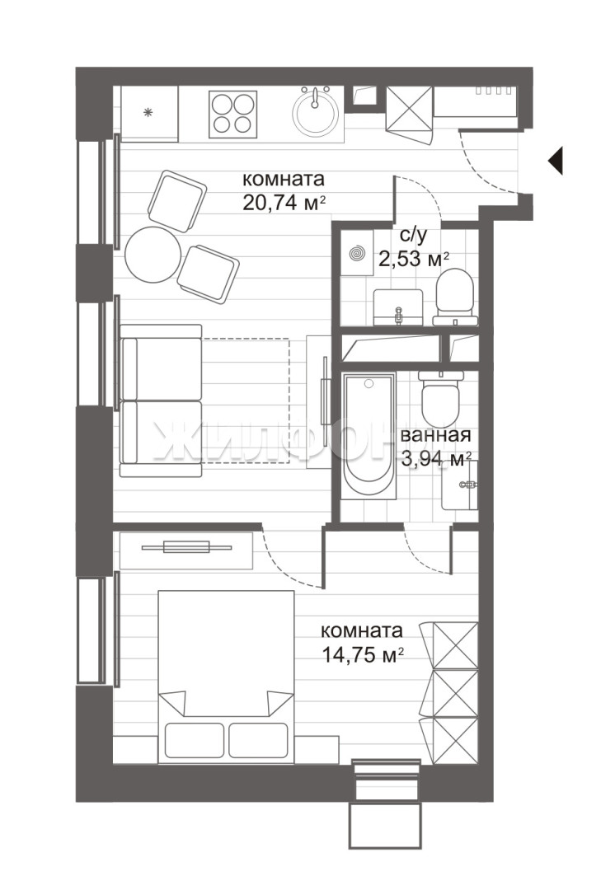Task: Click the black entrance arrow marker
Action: click(x=556, y=161)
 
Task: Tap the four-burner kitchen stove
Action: click(x=231, y=115)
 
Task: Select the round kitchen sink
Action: click(x=315, y=112)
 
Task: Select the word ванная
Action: click(x=435, y=435)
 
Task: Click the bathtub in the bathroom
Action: click(x=369, y=436)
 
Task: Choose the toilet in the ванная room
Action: click(x=440, y=397)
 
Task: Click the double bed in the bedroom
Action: click(x=226, y=675)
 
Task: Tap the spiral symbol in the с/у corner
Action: click(x=357, y=254)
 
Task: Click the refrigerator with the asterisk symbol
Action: click(x=149, y=114)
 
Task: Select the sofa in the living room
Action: click(x=161, y=400)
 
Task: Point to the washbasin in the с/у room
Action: click(x=398, y=307)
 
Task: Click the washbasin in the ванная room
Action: click(x=459, y=485)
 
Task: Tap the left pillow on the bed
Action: click(x=194, y=740)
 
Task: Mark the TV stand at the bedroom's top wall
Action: click(x=186, y=550)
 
